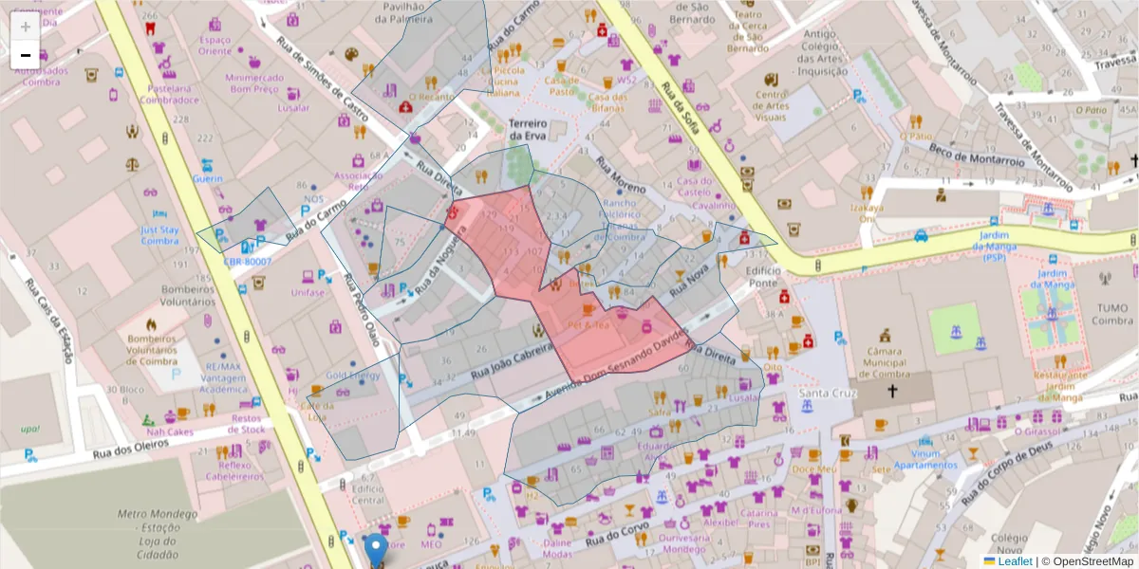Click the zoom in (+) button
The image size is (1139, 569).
point(26,27)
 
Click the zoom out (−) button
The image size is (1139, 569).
point(26,55)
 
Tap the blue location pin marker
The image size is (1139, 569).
point(376,549)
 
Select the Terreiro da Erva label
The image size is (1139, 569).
point(530,130)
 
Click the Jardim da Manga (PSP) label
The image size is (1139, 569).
point(994,246)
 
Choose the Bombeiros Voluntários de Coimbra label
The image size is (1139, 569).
point(152,349)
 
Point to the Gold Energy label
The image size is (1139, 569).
point(352,376)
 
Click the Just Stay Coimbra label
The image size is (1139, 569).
point(159,235)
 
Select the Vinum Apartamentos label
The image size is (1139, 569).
point(924,459)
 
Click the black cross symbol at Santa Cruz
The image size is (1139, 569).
point(892,390)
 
